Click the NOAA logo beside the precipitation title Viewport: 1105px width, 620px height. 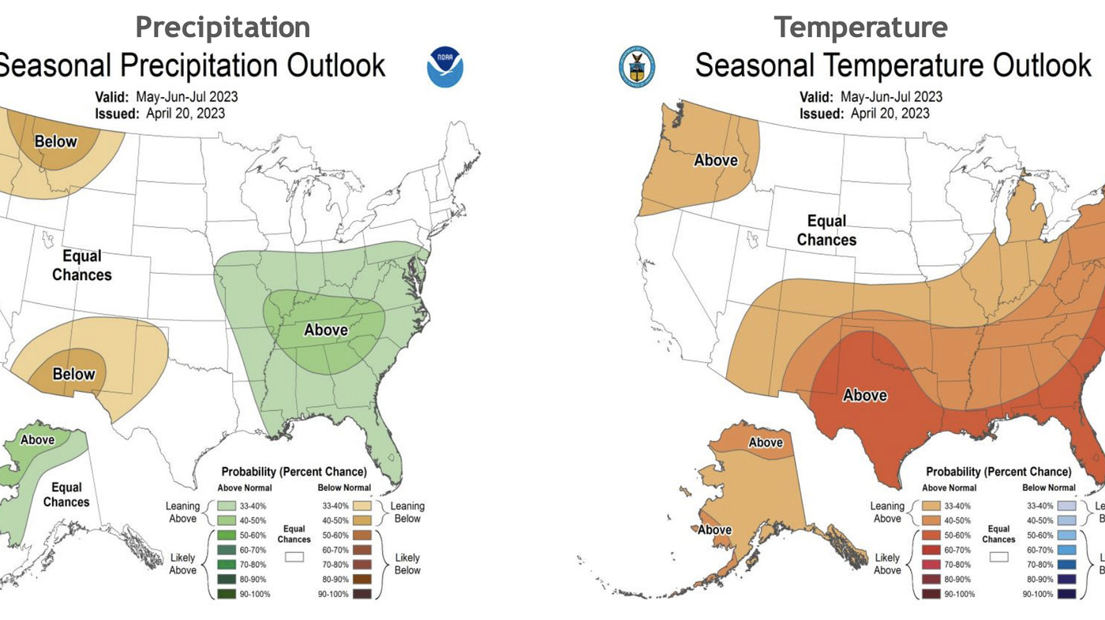click(445, 67)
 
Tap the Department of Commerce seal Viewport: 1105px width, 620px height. click(637, 66)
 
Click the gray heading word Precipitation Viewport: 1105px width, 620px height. click(223, 27)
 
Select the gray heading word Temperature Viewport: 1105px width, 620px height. click(860, 27)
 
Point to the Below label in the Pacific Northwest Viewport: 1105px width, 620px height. click(56, 142)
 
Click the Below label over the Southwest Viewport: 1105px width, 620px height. click(73, 374)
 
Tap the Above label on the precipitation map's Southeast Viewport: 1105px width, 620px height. click(326, 330)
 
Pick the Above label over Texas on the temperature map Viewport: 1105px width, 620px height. click(865, 395)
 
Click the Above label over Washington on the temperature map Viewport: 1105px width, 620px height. click(715, 160)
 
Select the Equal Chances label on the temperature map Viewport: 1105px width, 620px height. click(826, 230)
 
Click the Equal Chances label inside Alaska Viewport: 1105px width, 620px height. click(66, 495)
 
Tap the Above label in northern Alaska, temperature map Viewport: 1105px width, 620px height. click(765, 443)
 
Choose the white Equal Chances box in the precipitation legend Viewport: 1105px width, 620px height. click(294, 557)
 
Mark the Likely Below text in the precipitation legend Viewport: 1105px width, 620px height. click(407, 563)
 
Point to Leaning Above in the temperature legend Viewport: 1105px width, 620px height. click(887, 512)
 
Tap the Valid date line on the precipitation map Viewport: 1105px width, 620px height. click(166, 97)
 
